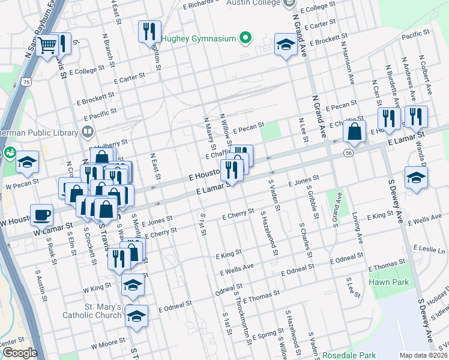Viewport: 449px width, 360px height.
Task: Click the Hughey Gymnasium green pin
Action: point(244,39)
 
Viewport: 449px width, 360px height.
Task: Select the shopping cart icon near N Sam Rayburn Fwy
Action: point(47,44)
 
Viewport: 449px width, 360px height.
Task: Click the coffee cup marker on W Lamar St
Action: point(41,214)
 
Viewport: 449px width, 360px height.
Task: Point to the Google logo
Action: point(19,353)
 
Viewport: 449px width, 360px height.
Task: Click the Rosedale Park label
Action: point(349,355)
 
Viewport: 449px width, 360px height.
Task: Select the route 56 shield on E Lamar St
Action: point(348,154)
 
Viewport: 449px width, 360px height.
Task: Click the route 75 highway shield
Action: point(25,82)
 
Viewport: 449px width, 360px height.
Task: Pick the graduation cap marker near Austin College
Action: point(286,44)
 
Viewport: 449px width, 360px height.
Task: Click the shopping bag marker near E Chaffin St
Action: point(355,131)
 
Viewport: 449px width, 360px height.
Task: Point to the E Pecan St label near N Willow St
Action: point(249,128)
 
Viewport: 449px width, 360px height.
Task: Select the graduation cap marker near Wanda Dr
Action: point(416,178)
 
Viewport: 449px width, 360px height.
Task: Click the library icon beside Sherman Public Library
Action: point(88,131)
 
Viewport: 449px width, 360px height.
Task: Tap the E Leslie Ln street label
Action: point(429,248)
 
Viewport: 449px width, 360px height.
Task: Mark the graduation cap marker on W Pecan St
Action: point(27,162)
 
